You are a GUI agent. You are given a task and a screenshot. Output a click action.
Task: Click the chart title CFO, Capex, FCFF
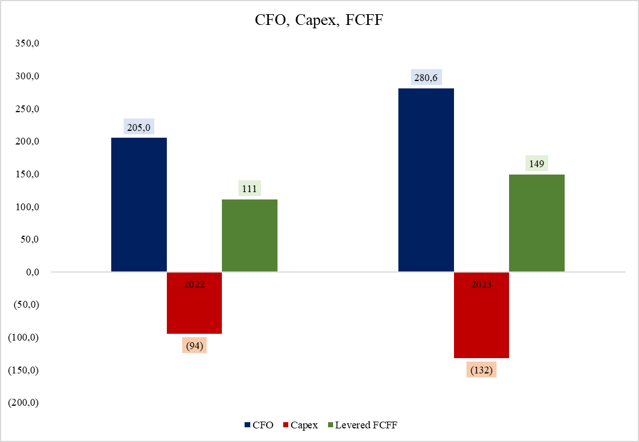tap(319, 21)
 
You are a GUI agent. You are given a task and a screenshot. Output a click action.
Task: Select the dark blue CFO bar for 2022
tap(139, 205)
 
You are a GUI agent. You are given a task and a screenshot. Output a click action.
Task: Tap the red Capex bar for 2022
tap(194, 309)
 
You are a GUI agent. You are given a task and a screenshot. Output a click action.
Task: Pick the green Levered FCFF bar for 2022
tap(250, 235)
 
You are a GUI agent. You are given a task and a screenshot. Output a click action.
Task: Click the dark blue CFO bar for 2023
tap(426, 180)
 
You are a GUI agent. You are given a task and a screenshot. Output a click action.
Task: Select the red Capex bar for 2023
tap(481, 320)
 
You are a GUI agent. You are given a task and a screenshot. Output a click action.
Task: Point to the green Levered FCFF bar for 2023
tap(536, 223)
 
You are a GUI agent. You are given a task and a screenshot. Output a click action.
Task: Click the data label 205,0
tap(139, 127)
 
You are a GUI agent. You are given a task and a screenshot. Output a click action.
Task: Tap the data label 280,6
tap(426, 78)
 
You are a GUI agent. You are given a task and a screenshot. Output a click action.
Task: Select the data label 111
tap(250, 189)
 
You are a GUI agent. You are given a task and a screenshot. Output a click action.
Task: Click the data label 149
tap(536, 164)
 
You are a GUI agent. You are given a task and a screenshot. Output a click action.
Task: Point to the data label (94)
tap(194, 345)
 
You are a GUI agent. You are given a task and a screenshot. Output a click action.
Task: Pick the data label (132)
tap(481, 369)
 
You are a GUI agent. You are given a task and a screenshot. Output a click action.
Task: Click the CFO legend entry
tap(259, 425)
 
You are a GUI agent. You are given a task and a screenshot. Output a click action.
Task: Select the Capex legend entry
tap(300, 425)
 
